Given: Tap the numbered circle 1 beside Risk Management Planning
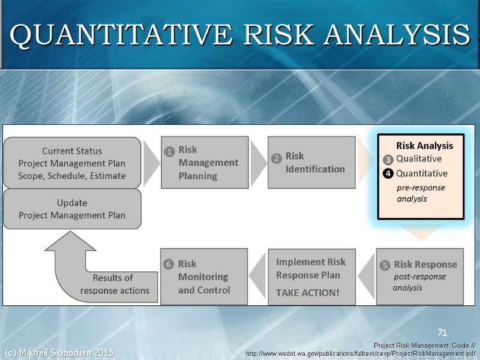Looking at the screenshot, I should pos(169,152).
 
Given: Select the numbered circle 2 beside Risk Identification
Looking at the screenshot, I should pos(277,158).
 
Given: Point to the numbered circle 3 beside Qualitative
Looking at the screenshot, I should pos(388,160).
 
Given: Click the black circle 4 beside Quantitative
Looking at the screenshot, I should pos(388,174).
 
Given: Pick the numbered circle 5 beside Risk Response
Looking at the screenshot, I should pos(385,265).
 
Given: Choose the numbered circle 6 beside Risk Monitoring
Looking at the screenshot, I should pos(169,265).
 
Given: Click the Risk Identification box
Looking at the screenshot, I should pos(310,162).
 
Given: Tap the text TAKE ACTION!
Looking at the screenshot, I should pos(307,293).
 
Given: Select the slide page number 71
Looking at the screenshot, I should pos(443,332).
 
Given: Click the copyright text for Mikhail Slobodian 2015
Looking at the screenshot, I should pos(59,352).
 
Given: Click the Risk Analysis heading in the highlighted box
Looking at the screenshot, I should pos(424,146).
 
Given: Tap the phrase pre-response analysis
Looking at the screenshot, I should pos(421,193).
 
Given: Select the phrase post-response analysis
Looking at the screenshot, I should pos(419,282).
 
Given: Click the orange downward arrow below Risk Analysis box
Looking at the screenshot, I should pos(419,231).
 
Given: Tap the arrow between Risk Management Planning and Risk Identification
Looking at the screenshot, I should pos(258,163).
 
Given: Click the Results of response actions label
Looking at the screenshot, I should pos(115,284).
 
